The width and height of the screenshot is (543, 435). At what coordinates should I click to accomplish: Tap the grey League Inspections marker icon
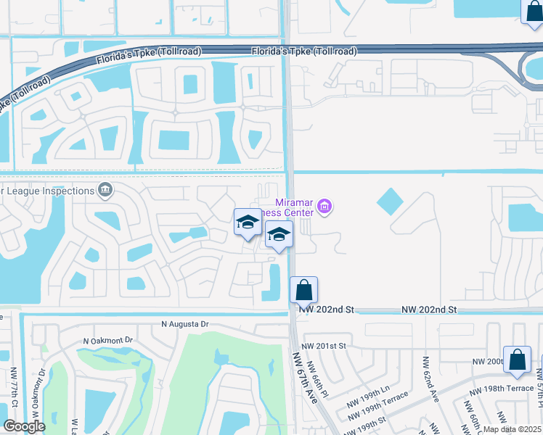pos(105,191)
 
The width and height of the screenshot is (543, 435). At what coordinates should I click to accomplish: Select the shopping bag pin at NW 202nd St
pos(304,290)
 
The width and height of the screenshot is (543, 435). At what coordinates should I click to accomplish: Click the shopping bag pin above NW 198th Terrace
pos(518,361)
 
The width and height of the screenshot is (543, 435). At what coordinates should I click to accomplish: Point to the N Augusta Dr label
pos(184,324)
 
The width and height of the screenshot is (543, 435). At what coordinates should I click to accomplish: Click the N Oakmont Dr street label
pos(109,340)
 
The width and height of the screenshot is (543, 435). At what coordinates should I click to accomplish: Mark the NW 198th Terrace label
pos(503,389)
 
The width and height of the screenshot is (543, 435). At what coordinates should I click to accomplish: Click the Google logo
pos(25,426)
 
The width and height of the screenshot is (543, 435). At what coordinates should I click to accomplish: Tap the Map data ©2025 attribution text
pos(513,429)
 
